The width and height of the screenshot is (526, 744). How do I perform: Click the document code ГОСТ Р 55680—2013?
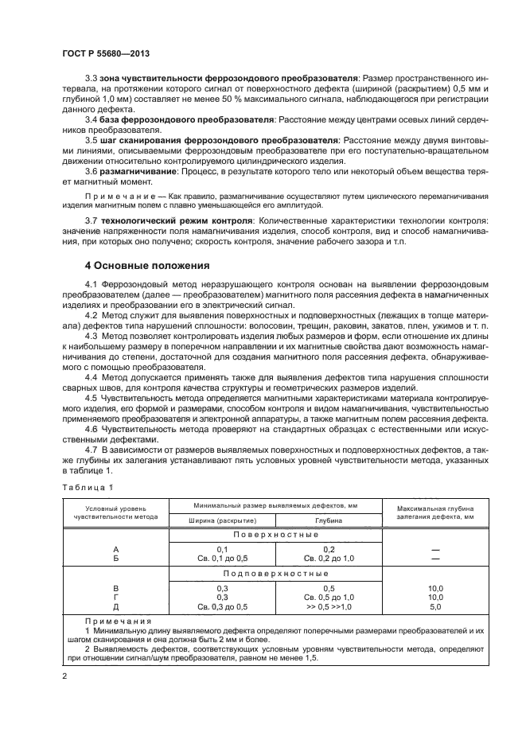tap(105, 53)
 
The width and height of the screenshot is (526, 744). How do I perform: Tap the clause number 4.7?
tap(91, 450)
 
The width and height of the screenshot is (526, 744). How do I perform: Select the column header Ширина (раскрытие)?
tap(221, 520)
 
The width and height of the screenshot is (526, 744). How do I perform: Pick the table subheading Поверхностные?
tap(275, 536)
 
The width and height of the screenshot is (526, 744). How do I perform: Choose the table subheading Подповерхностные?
tap(275, 573)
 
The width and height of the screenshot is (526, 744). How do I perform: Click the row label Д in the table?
tap(116, 606)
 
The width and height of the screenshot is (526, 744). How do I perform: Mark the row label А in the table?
tap(116, 550)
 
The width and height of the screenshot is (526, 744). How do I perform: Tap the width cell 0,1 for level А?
tap(222, 550)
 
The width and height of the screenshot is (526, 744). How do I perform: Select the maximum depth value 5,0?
tap(435, 606)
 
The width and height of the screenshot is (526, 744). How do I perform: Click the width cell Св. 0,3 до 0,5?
tap(222, 606)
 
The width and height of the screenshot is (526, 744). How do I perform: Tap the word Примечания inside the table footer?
tap(111, 621)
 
